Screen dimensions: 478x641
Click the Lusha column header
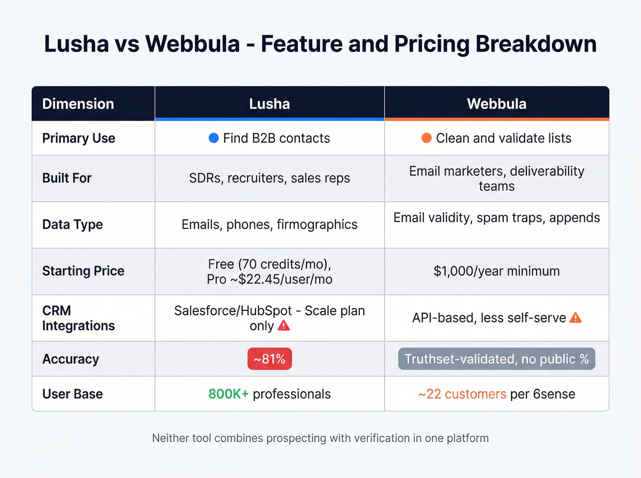pyautogui.click(x=269, y=104)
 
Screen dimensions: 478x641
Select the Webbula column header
pyautogui.click(x=496, y=104)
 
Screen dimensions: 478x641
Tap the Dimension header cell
pyautogui.click(x=78, y=104)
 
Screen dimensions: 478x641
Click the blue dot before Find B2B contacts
pyautogui.click(x=213, y=138)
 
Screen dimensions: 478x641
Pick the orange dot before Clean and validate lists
pyautogui.click(x=426, y=138)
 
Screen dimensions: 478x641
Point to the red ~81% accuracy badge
pyautogui.click(x=270, y=359)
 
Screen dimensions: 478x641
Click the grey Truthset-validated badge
pyautogui.click(x=496, y=359)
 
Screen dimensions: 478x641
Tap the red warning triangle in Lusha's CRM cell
pyautogui.click(x=284, y=326)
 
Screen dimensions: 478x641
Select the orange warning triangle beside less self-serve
pyautogui.click(x=576, y=317)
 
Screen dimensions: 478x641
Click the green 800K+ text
pyautogui.click(x=228, y=394)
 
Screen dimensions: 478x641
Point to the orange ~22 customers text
pyautogui.click(x=462, y=394)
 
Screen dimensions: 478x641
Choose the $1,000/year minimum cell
pyautogui.click(x=496, y=271)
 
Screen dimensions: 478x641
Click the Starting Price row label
pyautogui.click(x=83, y=271)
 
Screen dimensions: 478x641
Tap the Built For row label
pyautogui.click(x=67, y=178)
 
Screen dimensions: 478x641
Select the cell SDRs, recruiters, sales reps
pyautogui.click(x=269, y=178)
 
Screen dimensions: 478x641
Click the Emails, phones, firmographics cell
pyautogui.click(x=269, y=225)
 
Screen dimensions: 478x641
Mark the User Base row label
pyautogui.click(x=72, y=394)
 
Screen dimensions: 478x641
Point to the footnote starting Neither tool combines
pyautogui.click(x=320, y=438)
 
